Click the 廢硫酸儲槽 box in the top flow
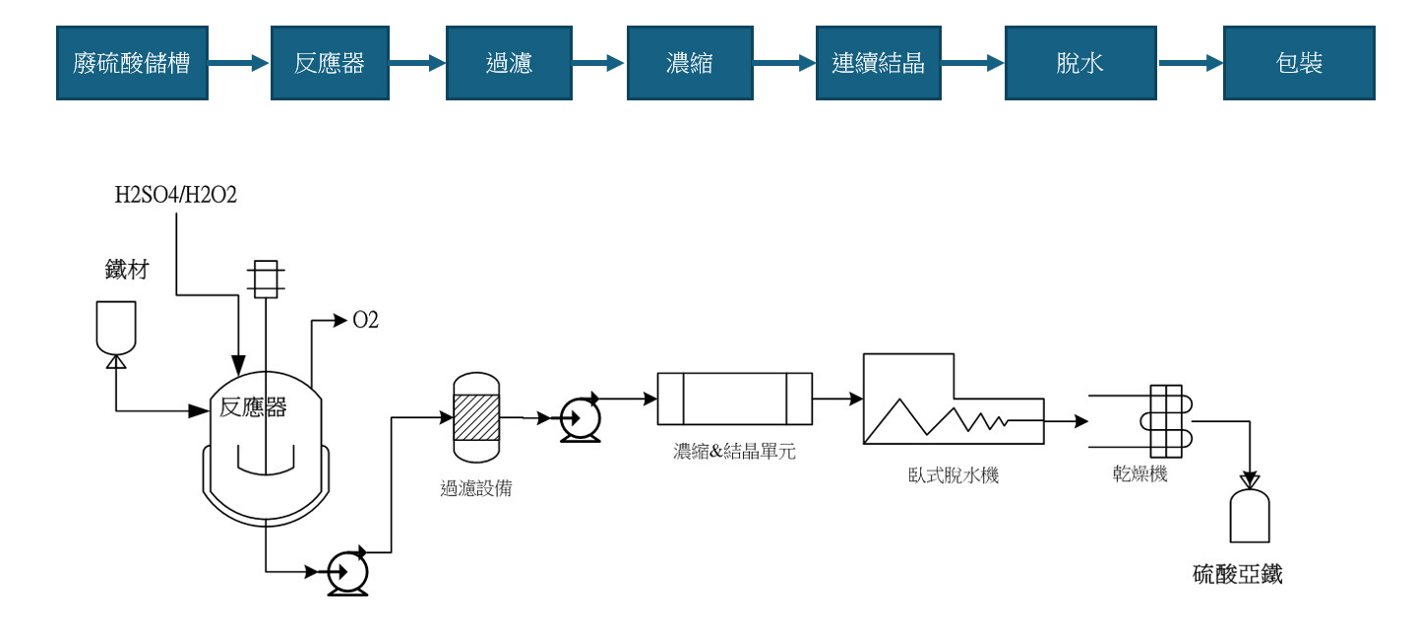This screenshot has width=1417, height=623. [132, 64]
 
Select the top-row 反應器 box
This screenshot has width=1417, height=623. [330, 64]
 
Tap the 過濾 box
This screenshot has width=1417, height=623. [509, 64]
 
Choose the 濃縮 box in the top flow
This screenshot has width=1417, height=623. [690, 64]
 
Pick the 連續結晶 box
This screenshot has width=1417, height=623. [879, 64]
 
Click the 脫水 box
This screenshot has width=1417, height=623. [1079, 64]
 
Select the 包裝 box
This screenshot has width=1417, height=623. [1299, 64]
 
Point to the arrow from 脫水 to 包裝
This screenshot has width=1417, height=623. [1191, 64]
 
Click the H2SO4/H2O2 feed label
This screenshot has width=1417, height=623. [176, 195]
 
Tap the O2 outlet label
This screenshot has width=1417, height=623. [365, 320]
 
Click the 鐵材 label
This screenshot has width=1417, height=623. [127, 269]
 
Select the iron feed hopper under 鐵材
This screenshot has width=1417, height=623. [116, 327]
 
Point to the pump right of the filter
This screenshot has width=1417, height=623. [580, 418]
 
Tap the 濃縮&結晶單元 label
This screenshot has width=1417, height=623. [734, 452]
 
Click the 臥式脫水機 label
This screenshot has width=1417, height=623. [953, 475]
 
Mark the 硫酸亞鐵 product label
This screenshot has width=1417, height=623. [1238, 575]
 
